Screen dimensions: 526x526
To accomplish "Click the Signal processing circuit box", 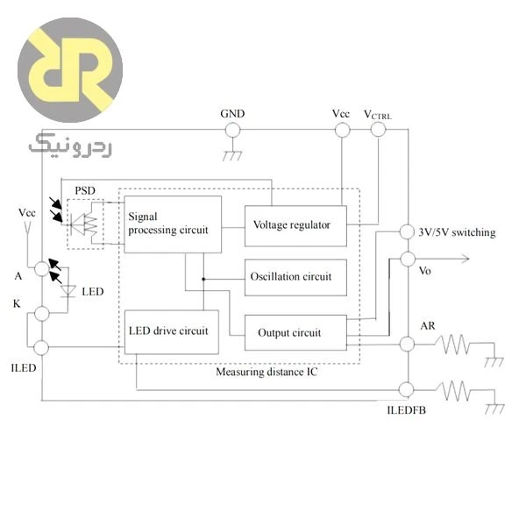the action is [x=173, y=224].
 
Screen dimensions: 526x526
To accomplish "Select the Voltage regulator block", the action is [x=295, y=226].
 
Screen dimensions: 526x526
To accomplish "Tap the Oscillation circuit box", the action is [x=295, y=277].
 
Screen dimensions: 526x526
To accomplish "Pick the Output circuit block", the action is [x=295, y=332].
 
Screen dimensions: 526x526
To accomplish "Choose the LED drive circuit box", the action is [x=172, y=331].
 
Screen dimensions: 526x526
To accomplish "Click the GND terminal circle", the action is [x=232, y=130].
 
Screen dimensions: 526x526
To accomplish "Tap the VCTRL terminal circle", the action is [x=378, y=130].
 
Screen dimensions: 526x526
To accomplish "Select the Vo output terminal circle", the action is [x=408, y=259].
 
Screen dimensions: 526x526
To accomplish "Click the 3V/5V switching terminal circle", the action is [x=407, y=231].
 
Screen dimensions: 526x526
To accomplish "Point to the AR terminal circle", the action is [x=408, y=345].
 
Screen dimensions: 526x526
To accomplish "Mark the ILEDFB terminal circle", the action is [x=406, y=389].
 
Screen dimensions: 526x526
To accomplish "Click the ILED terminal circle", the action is [x=41, y=347].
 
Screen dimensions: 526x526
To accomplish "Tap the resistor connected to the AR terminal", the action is [x=452, y=345].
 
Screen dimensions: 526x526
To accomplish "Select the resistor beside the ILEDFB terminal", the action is [x=453, y=390].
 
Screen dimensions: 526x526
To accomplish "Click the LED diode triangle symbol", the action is [x=68, y=291].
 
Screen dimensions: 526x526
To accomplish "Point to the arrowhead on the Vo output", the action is [x=466, y=259].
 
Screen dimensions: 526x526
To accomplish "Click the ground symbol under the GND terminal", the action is [x=232, y=156].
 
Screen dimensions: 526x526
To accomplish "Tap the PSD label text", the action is [x=85, y=190].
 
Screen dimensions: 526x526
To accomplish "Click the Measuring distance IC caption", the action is [x=267, y=372].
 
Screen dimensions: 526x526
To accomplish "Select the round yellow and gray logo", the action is [x=70, y=70].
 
